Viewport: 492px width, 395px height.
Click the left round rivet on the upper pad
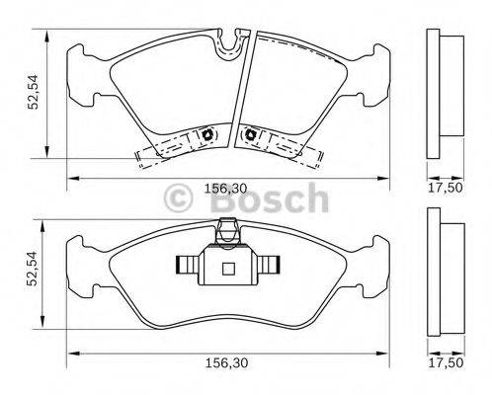[209, 135]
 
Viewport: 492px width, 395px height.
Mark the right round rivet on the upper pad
[251, 134]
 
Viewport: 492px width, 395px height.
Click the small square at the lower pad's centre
[227, 267]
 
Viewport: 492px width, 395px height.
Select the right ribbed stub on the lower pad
[270, 265]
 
